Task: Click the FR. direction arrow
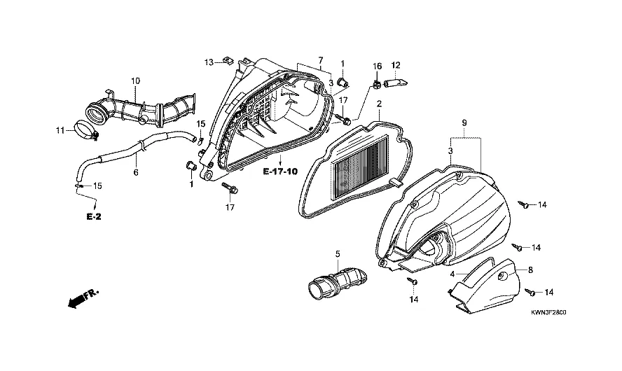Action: [x=83, y=298]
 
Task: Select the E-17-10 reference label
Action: [x=280, y=171]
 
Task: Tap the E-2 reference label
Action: [x=94, y=217]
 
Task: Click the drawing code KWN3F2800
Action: [x=548, y=312]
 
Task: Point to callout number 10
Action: [x=135, y=81]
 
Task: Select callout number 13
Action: [x=209, y=62]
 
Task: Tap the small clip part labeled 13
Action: [x=227, y=60]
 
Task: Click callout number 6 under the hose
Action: [x=136, y=173]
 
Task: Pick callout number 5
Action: [x=338, y=253]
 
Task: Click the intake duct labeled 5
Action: [x=337, y=282]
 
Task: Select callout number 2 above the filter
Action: [x=379, y=104]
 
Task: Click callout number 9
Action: [x=464, y=123]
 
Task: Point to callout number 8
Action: [x=530, y=270]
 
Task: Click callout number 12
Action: [x=396, y=65]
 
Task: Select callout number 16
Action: [x=377, y=66]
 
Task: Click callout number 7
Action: [x=321, y=60]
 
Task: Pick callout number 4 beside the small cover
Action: [x=452, y=274]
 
